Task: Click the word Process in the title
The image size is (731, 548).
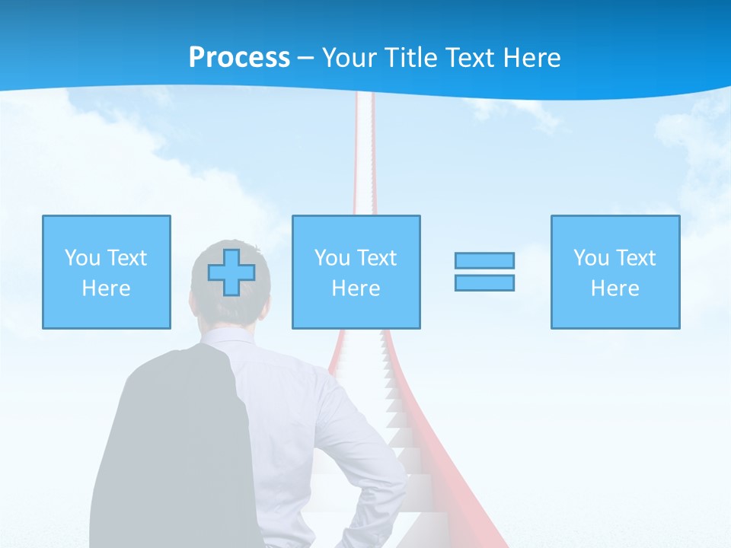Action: point(239,58)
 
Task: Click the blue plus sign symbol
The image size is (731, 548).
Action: point(231,272)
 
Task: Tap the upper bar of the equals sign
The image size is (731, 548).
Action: point(484,260)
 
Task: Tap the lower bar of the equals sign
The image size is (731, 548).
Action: point(484,282)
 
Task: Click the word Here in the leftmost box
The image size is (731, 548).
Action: point(106,288)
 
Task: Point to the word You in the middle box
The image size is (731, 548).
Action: point(332,258)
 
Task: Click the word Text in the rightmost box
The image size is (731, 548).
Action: point(636,258)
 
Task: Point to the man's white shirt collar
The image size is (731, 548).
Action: point(228,336)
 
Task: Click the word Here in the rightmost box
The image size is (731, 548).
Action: point(614,288)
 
